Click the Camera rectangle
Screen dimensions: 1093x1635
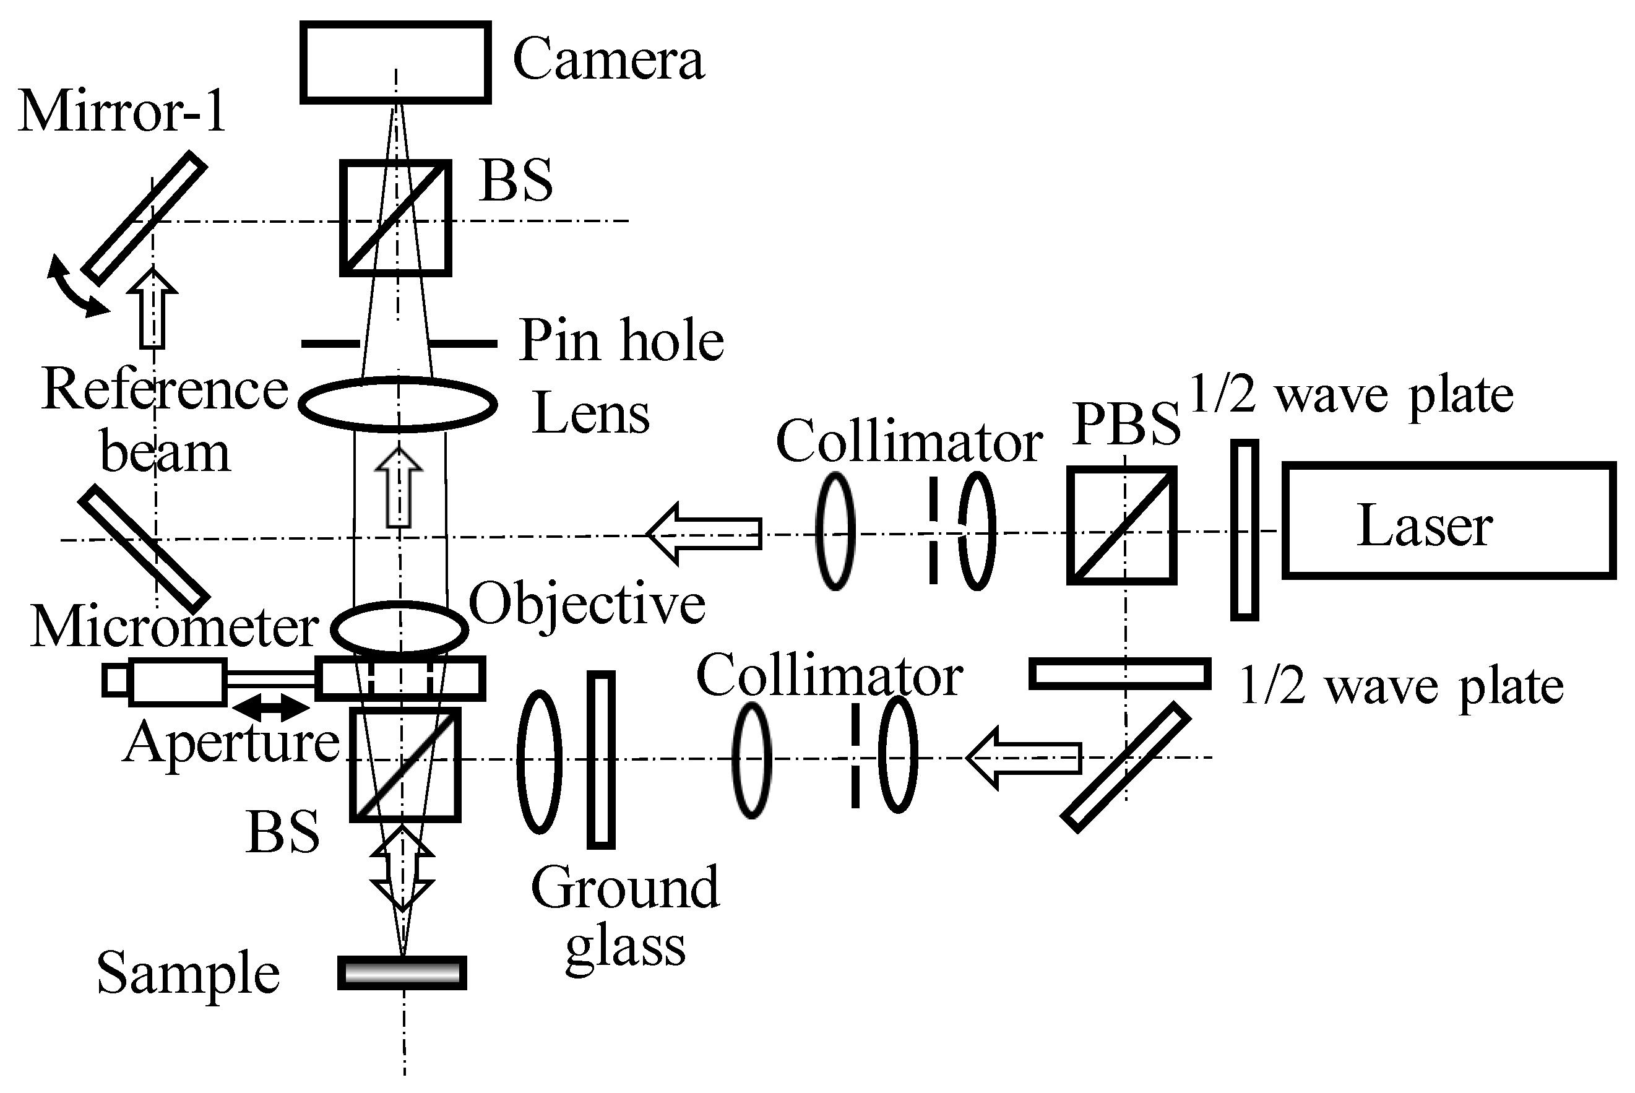click(395, 62)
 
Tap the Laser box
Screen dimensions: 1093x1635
click(1448, 520)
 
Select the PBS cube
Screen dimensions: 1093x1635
click(1122, 525)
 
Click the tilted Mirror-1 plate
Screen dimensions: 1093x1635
click(144, 218)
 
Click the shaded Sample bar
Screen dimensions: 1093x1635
click(402, 972)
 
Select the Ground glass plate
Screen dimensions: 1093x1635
click(601, 760)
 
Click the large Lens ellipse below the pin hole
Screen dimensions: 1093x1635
click(397, 404)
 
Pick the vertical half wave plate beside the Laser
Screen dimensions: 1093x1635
click(1244, 530)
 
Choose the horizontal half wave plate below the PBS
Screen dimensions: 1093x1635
click(1119, 673)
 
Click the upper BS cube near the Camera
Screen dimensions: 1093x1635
click(395, 218)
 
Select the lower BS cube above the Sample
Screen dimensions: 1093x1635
click(405, 765)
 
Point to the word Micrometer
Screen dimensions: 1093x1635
click(175, 627)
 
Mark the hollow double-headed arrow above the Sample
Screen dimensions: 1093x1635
click(402, 868)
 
